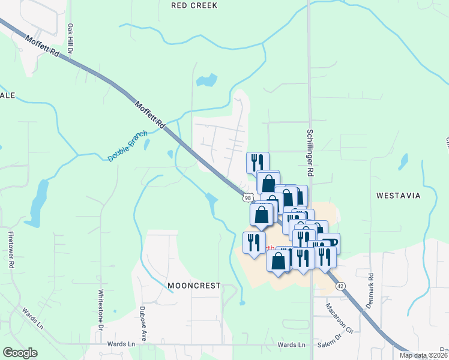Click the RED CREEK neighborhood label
click(194, 5)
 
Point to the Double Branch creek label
click(128, 146)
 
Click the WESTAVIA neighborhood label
click(398, 196)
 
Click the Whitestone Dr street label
click(100, 308)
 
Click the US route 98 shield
click(247, 197)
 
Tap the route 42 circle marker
click(340, 286)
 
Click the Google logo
click(20, 353)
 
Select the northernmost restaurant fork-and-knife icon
click(258, 161)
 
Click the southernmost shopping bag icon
click(279, 261)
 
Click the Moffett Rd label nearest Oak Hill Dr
click(43, 47)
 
